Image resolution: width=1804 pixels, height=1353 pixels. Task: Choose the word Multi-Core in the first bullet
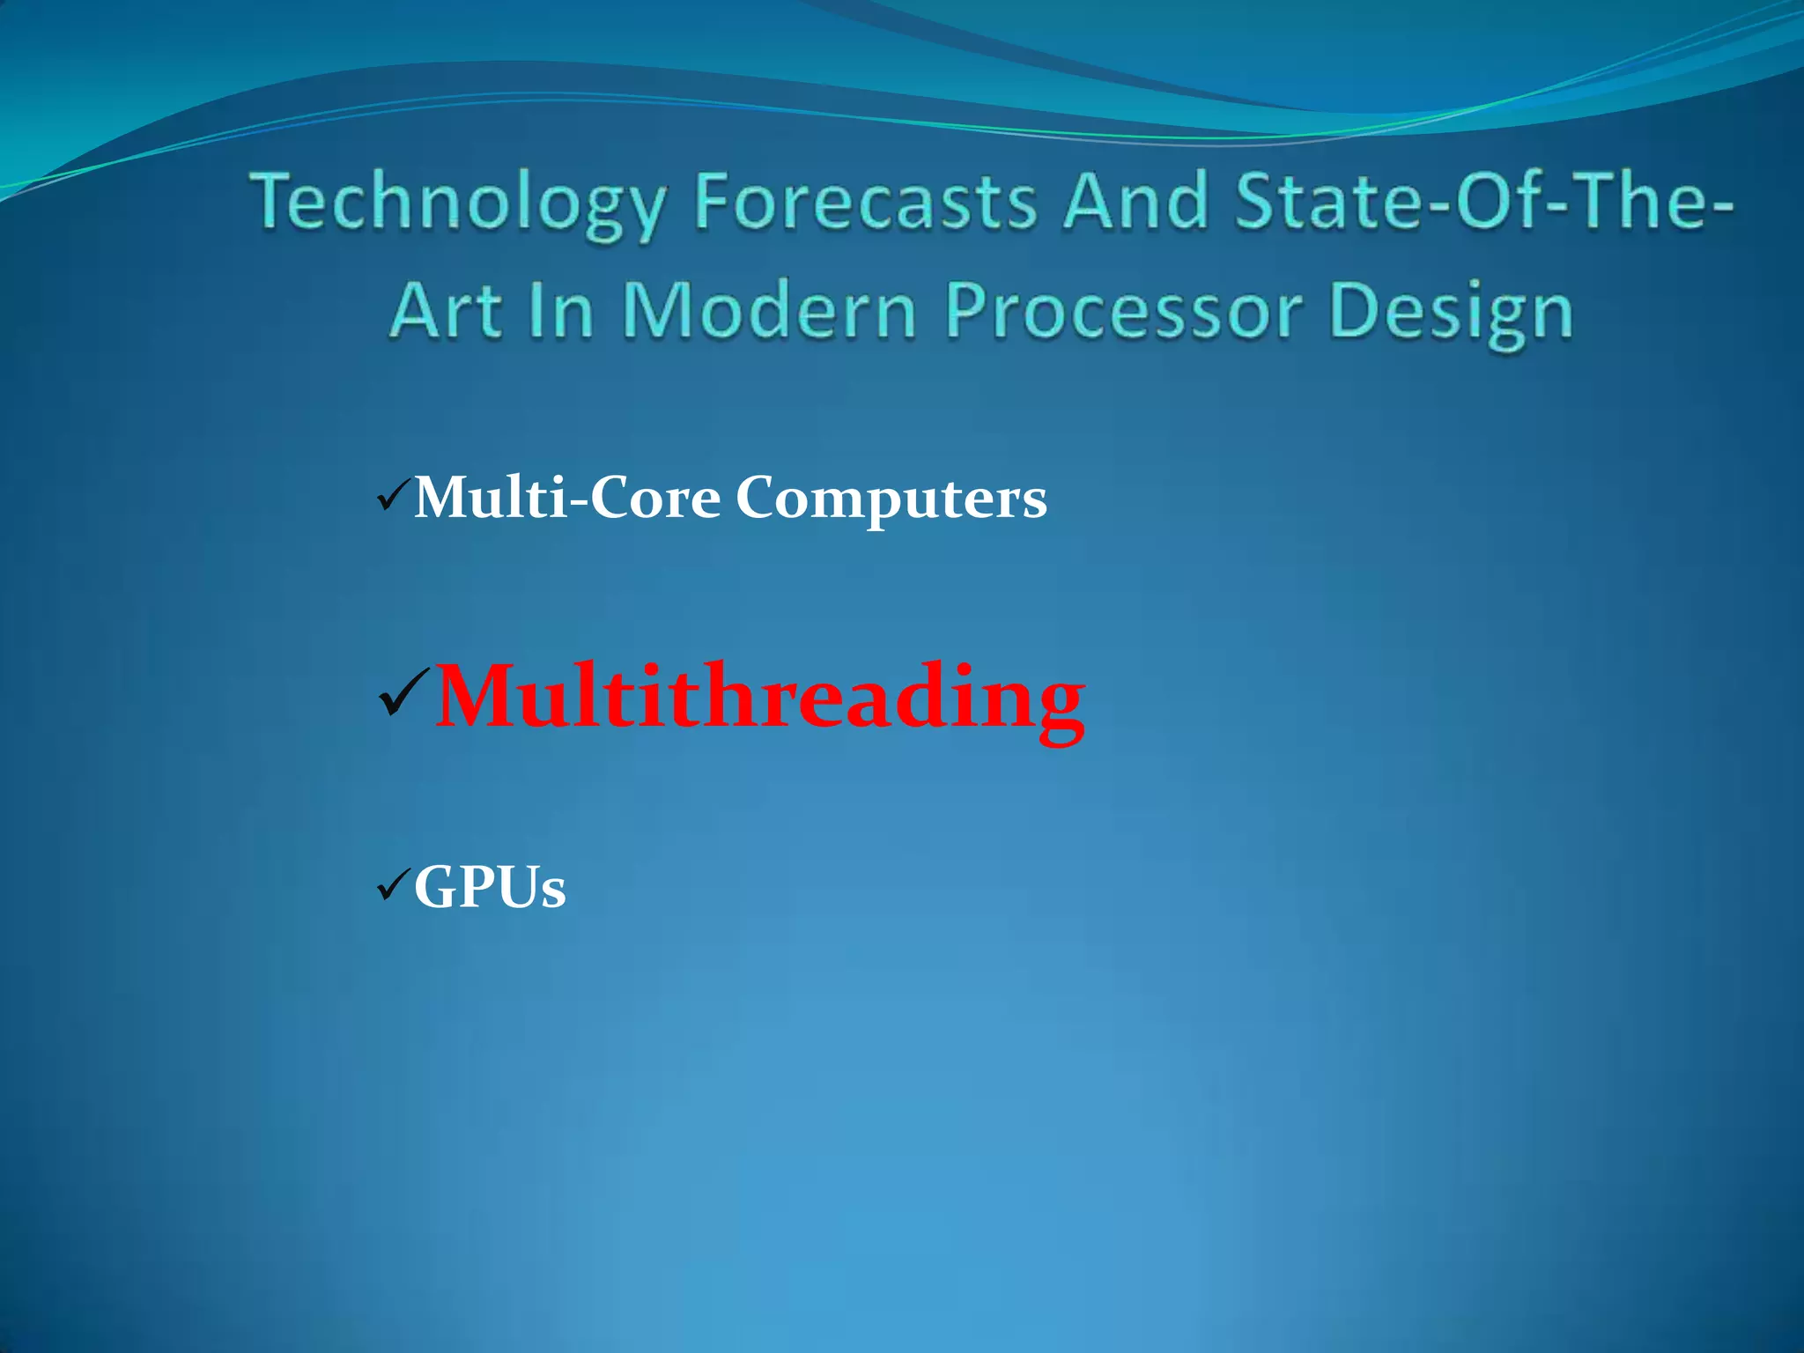(x=567, y=498)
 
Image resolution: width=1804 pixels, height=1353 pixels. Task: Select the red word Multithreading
(x=759, y=697)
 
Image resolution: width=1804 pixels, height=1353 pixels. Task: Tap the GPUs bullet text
(x=490, y=886)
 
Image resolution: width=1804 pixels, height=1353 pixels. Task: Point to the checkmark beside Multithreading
(x=403, y=692)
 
